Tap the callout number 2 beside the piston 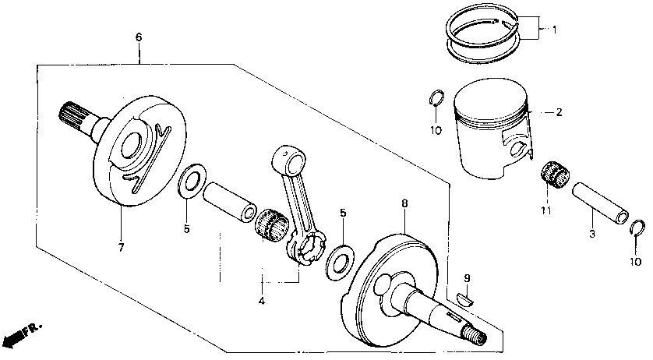pyautogui.click(x=558, y=112)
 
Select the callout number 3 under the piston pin pyautogui.click(x=591, y=234)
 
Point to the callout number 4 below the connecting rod pyautogui.click(x=262, y=301)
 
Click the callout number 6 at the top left pyautogui.click(x=139, y=37)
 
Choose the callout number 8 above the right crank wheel pyautogui.click(x=404, y=203)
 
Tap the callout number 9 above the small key pyautogui.click(x=466, y=278)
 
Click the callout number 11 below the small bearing pyautogui.click(x=545, y=211)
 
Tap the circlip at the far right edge pyautogui.click(x=637, y=228)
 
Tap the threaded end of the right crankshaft pyautogui.click(x=473, y=336)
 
